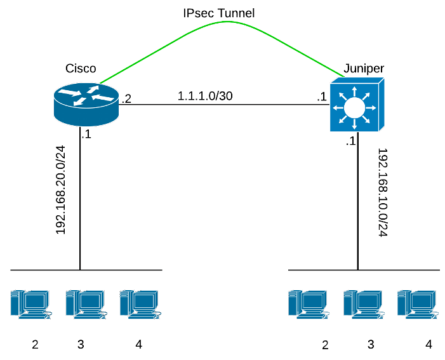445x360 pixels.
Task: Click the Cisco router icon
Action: (x=86, y=103)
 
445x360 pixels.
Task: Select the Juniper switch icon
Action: (x=357, y=105)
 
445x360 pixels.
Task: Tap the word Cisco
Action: (x=81, y=68)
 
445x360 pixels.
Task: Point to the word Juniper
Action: (x=363, y=68)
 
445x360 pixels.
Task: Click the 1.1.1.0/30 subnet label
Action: (x=205, y=97)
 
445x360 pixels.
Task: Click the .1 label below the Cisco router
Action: (x=86, y=134)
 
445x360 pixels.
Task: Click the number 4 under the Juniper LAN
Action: (x=428, y=344)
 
